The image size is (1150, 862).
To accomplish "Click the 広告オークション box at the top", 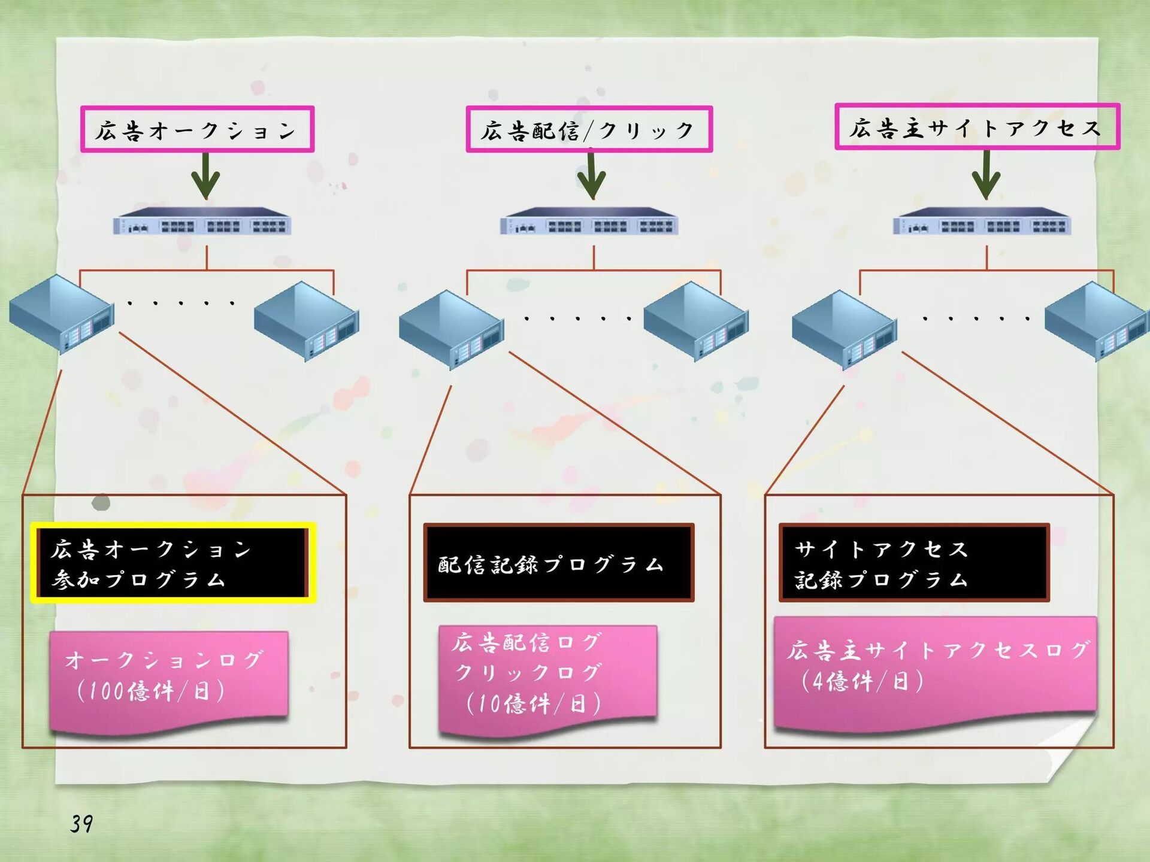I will (x=197, y=129).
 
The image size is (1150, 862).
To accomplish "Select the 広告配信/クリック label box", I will (x=589, y=129).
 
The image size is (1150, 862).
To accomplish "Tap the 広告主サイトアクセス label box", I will (x=977, y=127).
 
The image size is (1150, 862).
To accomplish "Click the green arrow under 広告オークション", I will (x=205, y=175).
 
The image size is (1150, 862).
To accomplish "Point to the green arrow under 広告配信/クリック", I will (x=591, y=175).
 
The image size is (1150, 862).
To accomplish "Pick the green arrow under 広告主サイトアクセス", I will (x=986, y=174).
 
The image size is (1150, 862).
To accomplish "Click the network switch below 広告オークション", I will (x=202, y=221).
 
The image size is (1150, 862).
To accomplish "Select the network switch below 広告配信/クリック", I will (x=589, y=221).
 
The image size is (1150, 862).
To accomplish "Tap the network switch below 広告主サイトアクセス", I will (x=982, y=221).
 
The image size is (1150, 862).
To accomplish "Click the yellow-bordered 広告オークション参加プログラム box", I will (x=173, y=563).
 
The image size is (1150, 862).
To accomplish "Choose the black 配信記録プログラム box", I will (x=558, y=563).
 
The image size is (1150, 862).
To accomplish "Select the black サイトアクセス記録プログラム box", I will (x=914, y=563).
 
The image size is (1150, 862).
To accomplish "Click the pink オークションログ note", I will (x=169, y=679).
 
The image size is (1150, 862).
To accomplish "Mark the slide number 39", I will (x=81, y=824).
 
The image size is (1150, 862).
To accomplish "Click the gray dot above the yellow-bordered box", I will (x=101, y=502).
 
